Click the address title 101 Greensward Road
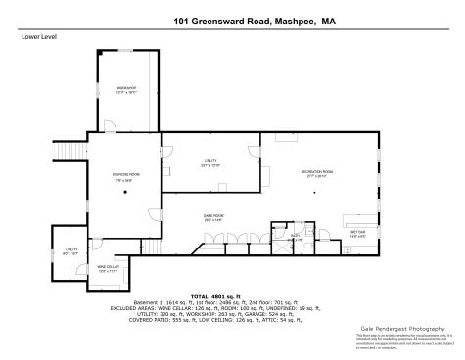[231, 20]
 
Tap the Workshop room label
[125, 89]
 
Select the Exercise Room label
[125, 177]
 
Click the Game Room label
[212, 216]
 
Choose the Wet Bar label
[358, 232]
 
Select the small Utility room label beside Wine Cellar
[70, 251]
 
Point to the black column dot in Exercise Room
[125, 194]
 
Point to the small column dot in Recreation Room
[314, 194]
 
